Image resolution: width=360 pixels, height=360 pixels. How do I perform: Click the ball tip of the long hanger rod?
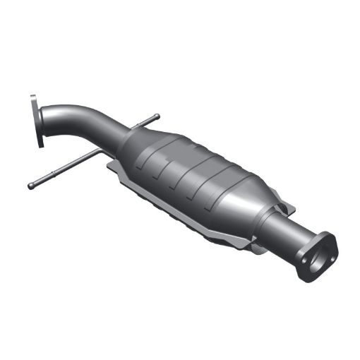click(30, 186)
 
